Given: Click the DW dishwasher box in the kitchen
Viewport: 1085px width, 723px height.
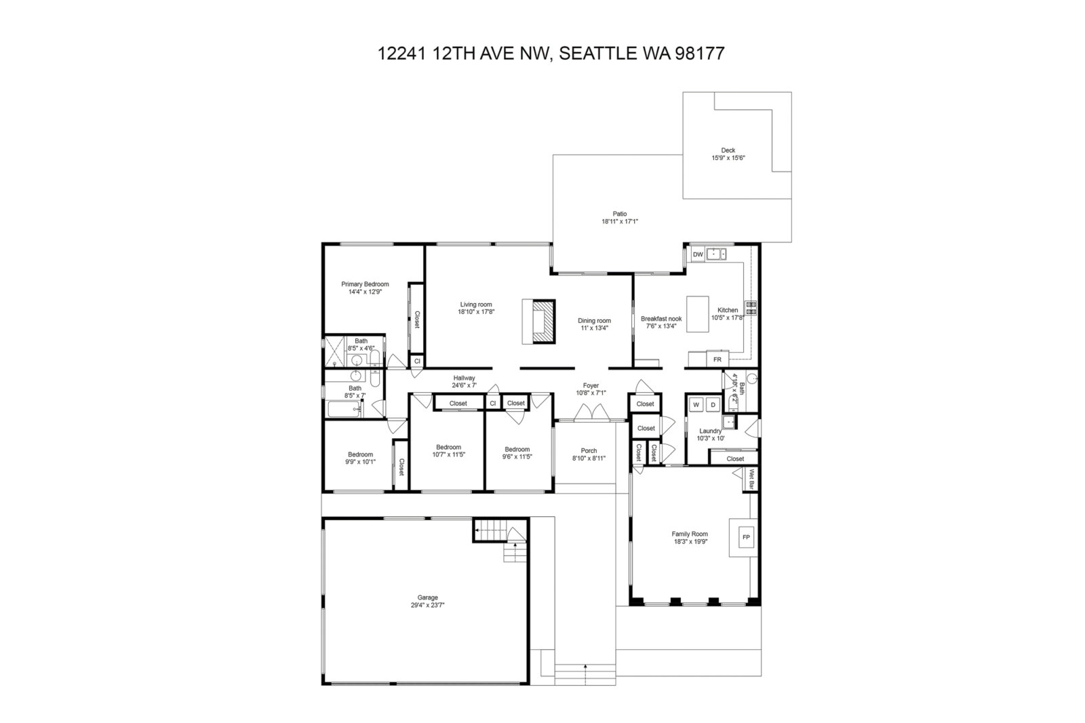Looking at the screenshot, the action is tap(698, 254).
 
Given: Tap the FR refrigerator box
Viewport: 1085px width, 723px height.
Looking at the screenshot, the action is tap(717, 359).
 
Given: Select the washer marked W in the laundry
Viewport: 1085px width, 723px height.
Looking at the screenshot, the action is tap(696, 405).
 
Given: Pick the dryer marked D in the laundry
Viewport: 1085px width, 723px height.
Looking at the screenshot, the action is tap(713, 405).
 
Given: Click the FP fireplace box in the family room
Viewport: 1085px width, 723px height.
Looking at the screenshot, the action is tap(746, 537).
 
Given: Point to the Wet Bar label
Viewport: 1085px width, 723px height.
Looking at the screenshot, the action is tap(752, 478).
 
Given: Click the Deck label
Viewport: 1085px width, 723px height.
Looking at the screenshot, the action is tap(728, 150).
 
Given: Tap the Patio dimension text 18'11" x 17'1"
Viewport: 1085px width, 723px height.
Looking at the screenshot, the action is tap(620, 222).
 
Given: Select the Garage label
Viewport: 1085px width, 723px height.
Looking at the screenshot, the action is tap(427, 598).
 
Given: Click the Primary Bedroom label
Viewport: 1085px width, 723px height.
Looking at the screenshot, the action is tap(365, 284).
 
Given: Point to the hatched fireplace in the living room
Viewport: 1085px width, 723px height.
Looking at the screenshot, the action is tap(543, 321).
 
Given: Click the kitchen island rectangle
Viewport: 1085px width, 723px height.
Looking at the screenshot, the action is tap(698, 314).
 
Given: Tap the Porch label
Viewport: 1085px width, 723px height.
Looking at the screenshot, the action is tap(589, 450).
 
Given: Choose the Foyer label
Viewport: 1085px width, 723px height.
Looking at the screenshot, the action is tap(591, 386).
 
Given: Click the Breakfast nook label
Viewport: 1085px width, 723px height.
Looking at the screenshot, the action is tap(661, 318).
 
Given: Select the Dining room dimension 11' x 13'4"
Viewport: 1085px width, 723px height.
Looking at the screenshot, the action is tap(594, 328).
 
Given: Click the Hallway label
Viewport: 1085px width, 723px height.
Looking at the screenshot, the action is tap(464, 378).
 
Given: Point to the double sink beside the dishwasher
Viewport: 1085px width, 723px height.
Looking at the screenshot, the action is tap(716, 254).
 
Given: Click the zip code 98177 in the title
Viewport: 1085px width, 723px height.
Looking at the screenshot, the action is tap(699, 54).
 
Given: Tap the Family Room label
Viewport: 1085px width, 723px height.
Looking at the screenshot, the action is tap(690, 534).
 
